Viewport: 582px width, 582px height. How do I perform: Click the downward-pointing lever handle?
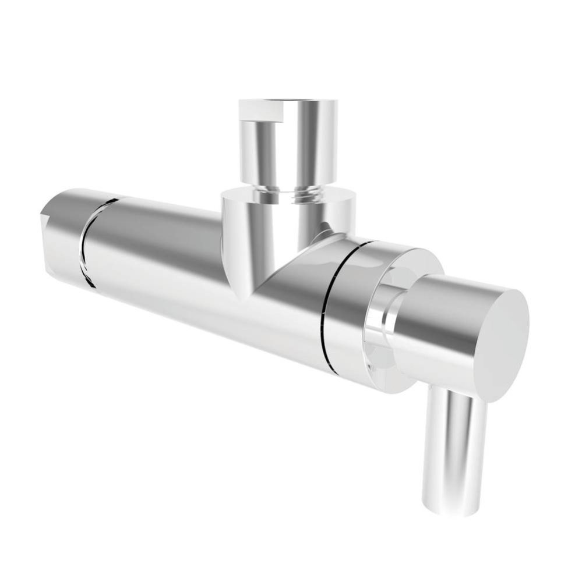tap(455, 448)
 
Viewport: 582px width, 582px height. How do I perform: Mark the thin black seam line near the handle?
tap(329, 303)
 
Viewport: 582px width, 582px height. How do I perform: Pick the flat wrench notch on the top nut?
tap(260, 111)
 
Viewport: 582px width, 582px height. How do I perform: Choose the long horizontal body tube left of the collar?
tap(157, 256)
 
